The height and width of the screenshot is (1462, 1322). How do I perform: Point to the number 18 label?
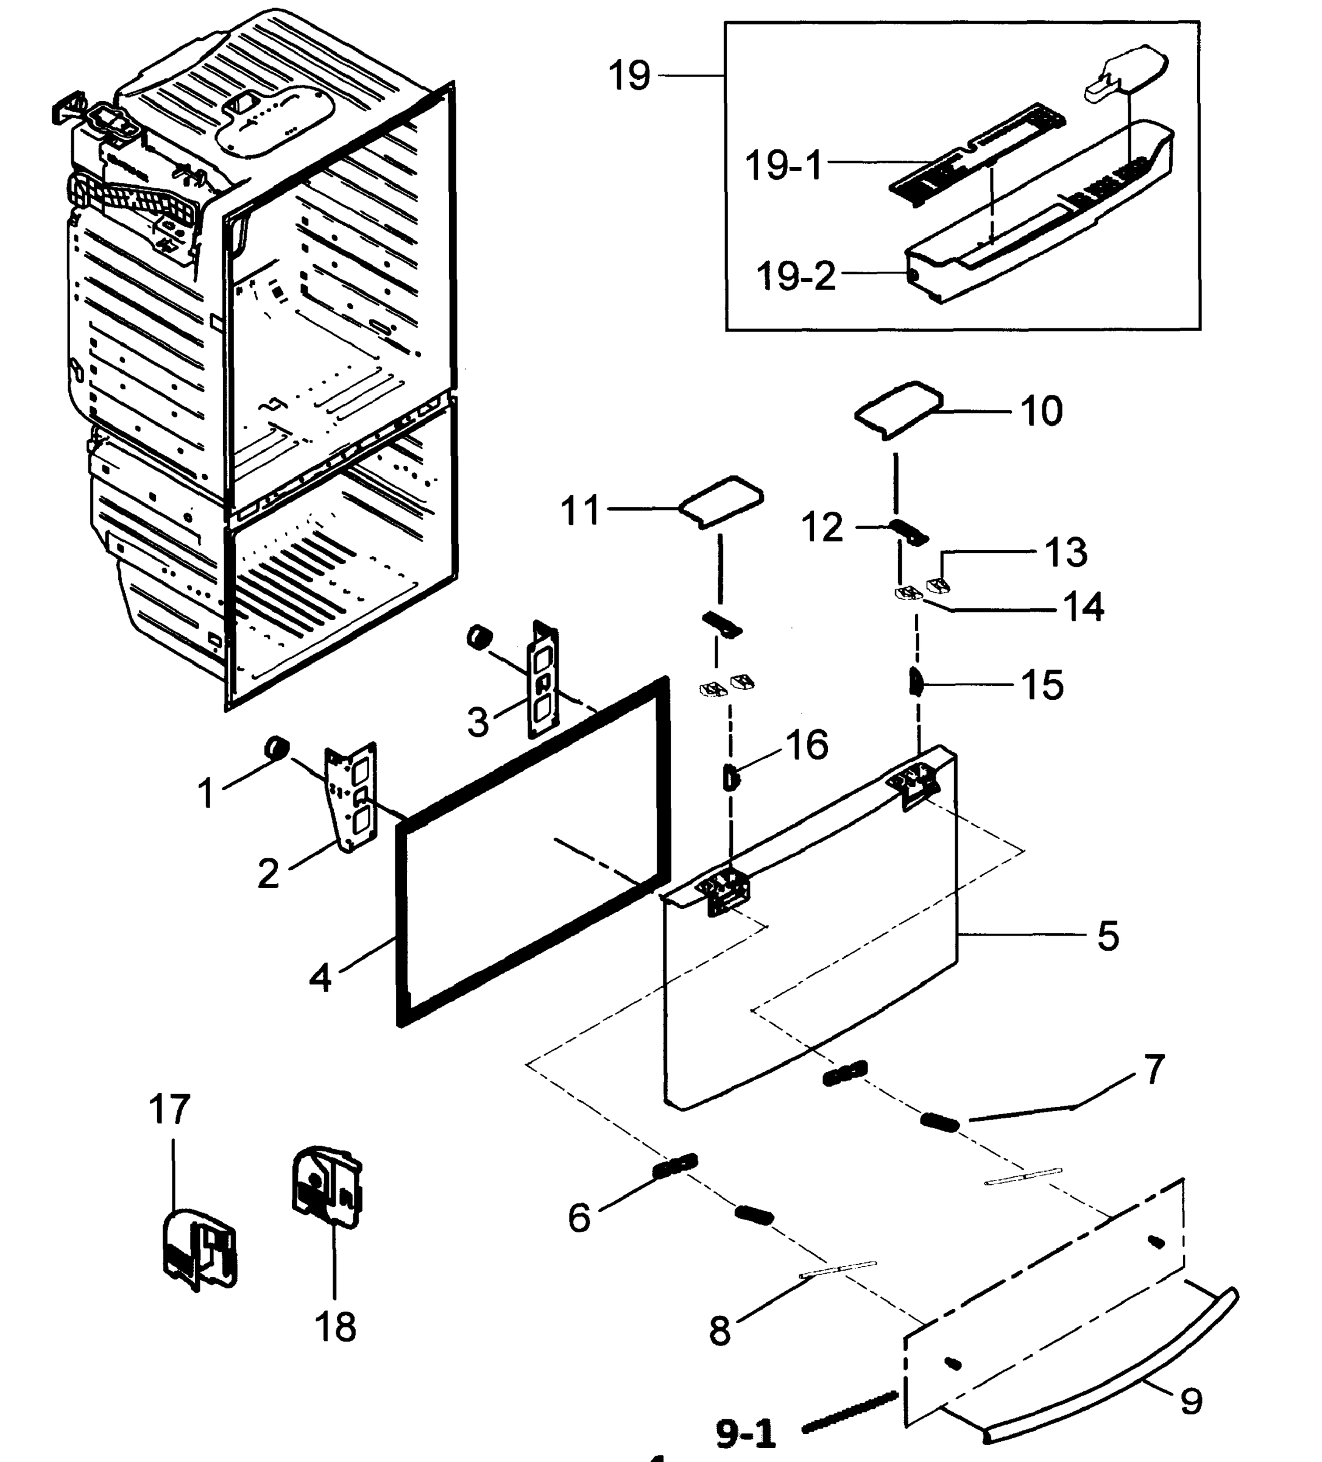(335, 1328)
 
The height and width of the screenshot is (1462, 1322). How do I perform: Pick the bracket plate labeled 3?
(544, 679)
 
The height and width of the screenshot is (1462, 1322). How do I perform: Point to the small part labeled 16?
(731, 776)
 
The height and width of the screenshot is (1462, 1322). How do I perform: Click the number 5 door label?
(1108, 936)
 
